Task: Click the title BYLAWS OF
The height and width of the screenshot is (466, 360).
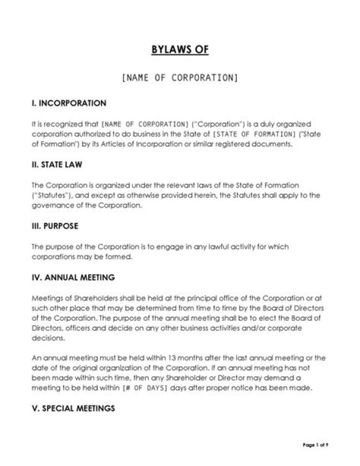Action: pos(180,50)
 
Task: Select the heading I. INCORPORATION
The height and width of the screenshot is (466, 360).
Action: pos(69,104)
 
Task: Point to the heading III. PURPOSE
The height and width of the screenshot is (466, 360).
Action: pos(55,226)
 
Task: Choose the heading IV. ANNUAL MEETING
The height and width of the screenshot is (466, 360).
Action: pos(73,277)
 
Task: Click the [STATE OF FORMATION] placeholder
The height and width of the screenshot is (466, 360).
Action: pos(255,134)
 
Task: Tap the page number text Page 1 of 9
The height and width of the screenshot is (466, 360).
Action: pos(315,444)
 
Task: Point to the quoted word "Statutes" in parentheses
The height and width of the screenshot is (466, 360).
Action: pos(48,196)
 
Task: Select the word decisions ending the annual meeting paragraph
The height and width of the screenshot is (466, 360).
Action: pos(48,337)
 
